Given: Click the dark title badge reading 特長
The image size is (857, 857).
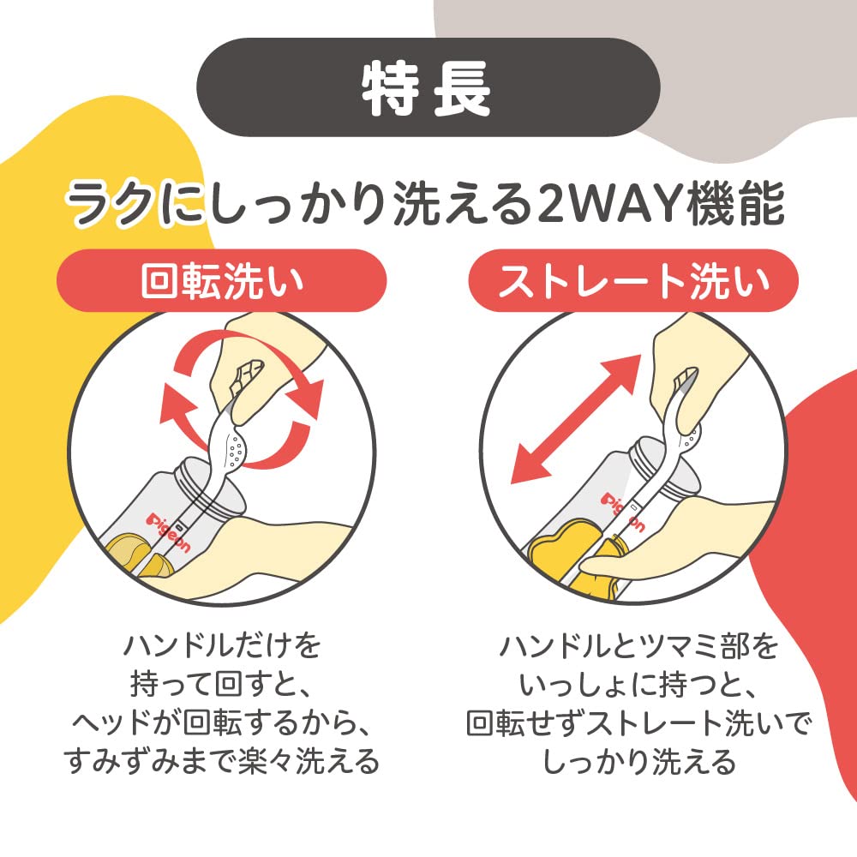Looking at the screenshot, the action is pos(428,87).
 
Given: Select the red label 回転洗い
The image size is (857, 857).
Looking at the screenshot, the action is pos(222,280).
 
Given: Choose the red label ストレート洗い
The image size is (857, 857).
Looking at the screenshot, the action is pos(633,280).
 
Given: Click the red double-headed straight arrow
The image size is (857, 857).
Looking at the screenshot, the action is pos(575,419).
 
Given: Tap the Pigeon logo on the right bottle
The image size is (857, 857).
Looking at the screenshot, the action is pos(623,512).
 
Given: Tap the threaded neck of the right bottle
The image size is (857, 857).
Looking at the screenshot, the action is pos(662,464).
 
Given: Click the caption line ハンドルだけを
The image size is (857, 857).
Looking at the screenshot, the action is pos(222,645).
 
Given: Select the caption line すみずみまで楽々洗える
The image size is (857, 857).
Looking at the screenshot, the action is pos(222,760).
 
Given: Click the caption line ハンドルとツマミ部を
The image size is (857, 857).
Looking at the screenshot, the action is pos(638,645).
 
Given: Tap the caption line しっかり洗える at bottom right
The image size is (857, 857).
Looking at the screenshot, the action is pos(638,760).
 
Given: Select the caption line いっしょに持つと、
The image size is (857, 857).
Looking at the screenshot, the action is pos(638,684).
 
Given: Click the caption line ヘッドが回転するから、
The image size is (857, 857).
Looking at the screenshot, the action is pos(222,722).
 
